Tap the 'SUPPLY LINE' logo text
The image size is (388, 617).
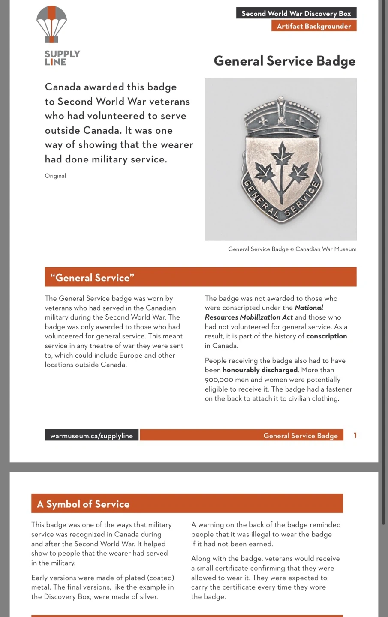(x=62, y=58)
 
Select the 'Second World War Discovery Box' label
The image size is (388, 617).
(x=296, y=13)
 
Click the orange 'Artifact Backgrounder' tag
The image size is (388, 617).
(x=314, y=26)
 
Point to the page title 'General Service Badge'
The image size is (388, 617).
(x=285, y=61)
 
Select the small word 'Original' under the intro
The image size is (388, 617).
(x=55, y=176)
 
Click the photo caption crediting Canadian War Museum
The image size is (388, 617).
(x=292, y=249)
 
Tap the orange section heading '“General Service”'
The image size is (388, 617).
(x=92, y=278)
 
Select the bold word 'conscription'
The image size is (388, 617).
(x=326, y=336)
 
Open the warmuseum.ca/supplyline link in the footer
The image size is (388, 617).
(x=91, y=436)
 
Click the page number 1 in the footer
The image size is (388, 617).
(x=355, y=435)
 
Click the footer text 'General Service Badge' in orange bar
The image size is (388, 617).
(x=301, y=436)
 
